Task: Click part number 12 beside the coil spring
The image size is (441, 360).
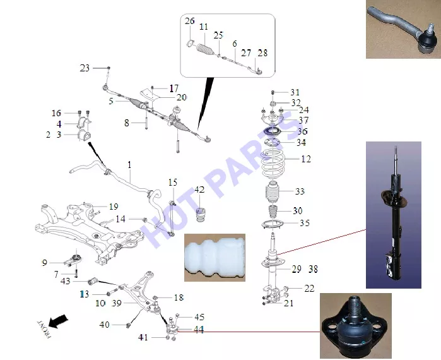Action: [x=306, y=159]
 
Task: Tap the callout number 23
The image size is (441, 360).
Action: [x=85, y=68]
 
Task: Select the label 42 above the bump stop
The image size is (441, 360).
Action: [x=199, y=190]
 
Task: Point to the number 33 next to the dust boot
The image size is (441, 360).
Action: [x=300, y=191]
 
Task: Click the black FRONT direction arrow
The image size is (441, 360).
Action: [x=58, y=321]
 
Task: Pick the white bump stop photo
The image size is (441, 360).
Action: [x=215, y=257]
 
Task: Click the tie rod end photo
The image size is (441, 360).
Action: [x=403, y=29]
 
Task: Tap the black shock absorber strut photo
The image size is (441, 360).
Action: [x=394, y=215]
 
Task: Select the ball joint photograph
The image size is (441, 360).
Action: [x=355, y=326]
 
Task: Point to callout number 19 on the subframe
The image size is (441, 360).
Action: [x=114, y=207]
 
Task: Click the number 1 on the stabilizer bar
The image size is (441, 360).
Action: [x=129, y=165]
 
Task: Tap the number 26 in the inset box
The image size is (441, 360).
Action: [x=190, y=21]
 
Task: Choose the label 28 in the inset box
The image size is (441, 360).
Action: [x=262, y=53]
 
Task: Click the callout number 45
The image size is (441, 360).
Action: [x=199, y=317]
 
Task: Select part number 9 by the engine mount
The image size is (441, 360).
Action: [x=44, y=263]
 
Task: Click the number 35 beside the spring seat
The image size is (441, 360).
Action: [x=304, y=223]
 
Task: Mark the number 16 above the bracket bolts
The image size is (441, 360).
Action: [x=56, y=113]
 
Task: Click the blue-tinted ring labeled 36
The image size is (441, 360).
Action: [x=273, y=131]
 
